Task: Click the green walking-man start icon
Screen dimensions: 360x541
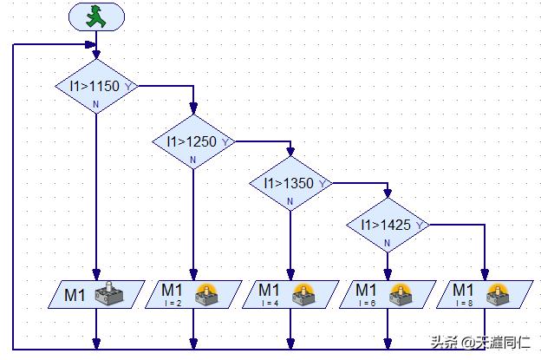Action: [96, 16]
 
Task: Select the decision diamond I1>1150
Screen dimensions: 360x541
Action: [96, 87]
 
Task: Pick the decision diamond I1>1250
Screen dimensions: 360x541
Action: [192, 141]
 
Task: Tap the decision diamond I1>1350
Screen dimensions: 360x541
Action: [290, 184]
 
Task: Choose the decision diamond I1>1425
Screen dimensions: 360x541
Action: [388, 226]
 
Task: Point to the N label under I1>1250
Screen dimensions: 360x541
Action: [192, 160]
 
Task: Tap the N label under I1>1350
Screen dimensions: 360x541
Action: [290, 202]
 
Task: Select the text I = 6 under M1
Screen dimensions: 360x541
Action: [366, 304]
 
